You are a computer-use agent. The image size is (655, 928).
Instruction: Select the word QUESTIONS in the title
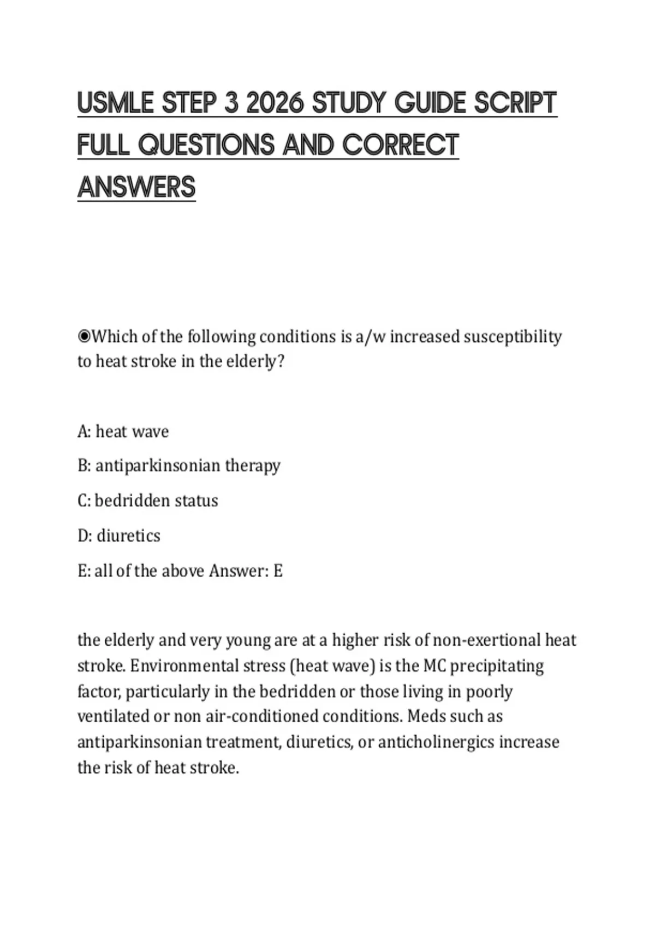(x=207, y=145)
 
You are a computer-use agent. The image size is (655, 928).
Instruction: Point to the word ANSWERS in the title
(x=136, y=187)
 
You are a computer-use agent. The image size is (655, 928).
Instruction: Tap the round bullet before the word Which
(x=84, y=336)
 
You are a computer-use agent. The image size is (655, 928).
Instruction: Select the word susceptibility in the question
(x=513, y=337)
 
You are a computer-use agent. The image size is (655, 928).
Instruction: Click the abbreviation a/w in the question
(x=370, y=337)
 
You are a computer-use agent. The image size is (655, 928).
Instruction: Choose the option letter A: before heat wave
(x=84, y=432)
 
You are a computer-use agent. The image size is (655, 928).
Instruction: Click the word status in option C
(x=196, y=501)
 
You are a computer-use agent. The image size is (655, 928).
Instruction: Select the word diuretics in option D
(x=128, y=536)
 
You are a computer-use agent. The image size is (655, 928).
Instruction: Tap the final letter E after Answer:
(x=278, y=571)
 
